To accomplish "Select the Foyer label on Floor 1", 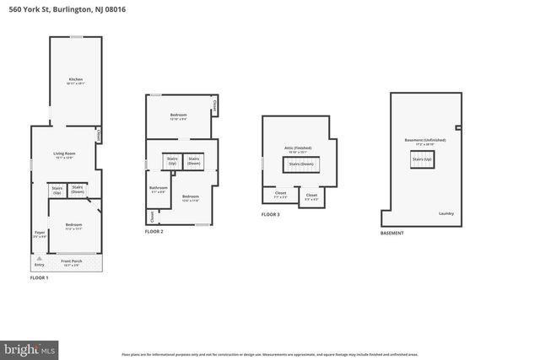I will (40, 234).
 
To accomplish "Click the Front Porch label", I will (71, 263).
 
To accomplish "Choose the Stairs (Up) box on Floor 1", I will (57, 190).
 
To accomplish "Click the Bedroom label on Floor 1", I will (74, 226).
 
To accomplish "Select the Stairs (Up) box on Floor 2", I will (172, 159).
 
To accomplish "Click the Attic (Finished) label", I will (297, 148).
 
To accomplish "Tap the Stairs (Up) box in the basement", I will (422, 160).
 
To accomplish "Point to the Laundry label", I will (446, 213).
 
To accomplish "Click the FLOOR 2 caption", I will (154, 232).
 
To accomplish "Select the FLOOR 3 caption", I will (270, 215).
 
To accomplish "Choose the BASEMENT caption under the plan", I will (391, 233).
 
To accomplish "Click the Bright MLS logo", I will (30, 347).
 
